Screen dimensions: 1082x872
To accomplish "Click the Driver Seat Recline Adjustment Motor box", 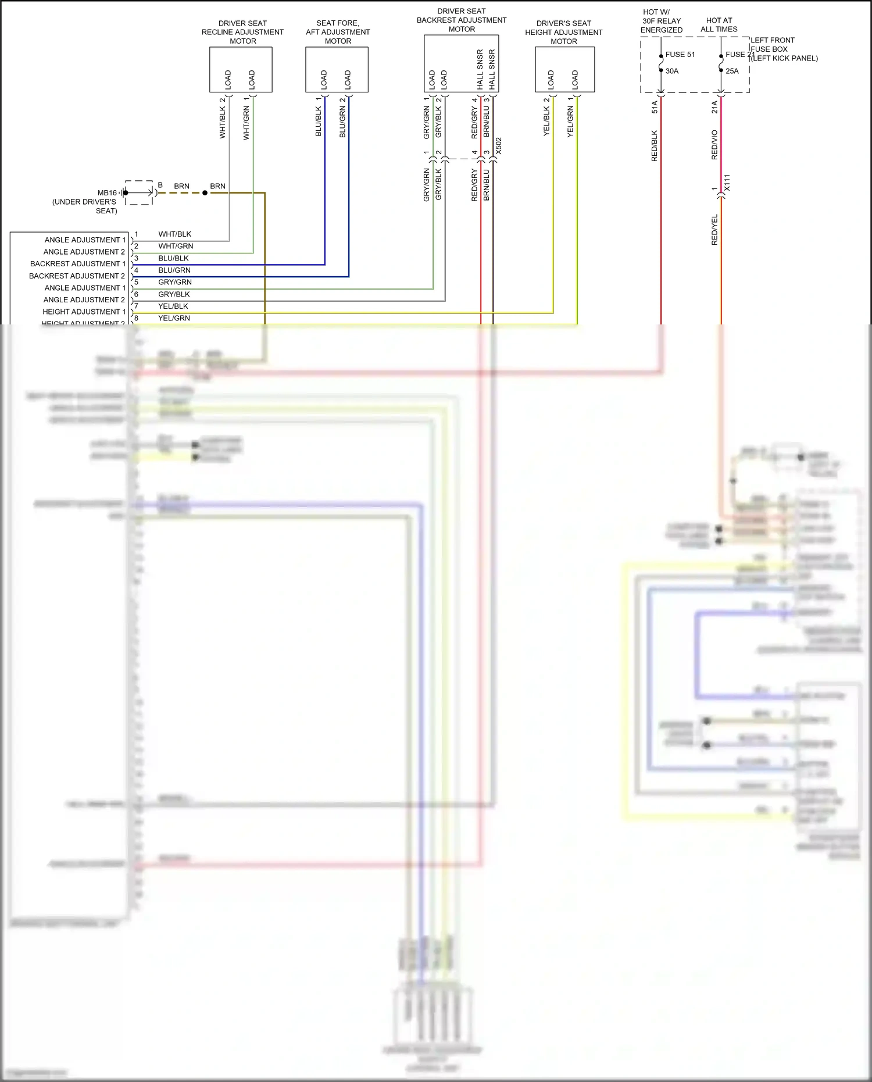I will pos(241,69).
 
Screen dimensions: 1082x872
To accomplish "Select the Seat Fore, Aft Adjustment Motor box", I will pos(337,69).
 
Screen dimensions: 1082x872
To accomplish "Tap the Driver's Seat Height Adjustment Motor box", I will pos(564,69).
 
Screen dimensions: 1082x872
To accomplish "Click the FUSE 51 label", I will pos(680,55).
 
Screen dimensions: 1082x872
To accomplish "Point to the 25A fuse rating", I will pos(732,71).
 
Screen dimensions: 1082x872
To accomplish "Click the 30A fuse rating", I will pos(672,71).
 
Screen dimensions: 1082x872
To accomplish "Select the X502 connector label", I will pos(499,146).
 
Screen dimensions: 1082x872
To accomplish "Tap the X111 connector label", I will pos(727,183).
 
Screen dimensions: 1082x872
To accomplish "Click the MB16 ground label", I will pos(107,192).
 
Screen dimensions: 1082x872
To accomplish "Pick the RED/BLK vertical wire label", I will pos(655,146).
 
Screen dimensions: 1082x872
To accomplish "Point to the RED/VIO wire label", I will pos(714,145).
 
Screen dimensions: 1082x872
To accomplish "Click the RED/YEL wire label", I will pos(714,230).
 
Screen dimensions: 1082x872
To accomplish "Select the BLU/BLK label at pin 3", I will pos(173,258).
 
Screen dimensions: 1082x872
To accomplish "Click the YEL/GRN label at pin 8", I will pos(174,318).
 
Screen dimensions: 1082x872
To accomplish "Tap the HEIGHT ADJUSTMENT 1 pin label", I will pos(84,312).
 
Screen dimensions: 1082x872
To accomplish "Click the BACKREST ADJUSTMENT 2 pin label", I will pos(77,276).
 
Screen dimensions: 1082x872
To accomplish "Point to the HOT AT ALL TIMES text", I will pos(719,24).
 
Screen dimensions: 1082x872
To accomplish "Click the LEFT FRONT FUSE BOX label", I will pos(772,45).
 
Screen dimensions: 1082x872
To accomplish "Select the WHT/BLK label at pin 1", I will pos(174,234).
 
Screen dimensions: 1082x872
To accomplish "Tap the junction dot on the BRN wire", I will pos(205,193).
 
